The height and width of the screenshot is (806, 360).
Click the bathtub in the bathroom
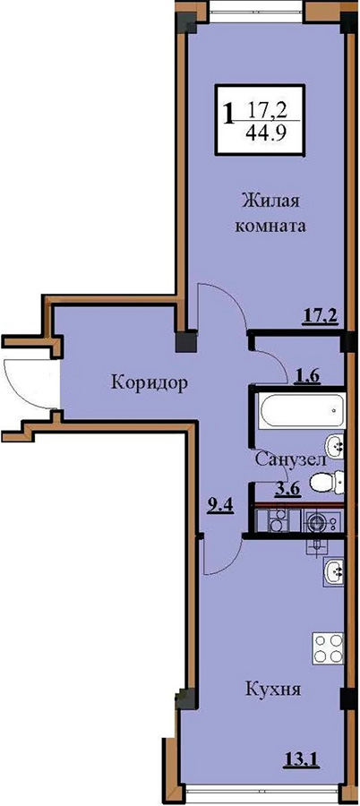[x=302, y=410]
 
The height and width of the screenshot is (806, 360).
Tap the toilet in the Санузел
[x=328, y=482]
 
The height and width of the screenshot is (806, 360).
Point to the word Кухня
[x=272, y=690]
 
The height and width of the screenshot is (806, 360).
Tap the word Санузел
[x=290, y=459]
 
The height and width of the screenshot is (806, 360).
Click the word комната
[x=270, y=227]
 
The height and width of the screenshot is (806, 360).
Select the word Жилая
[x=270, y=200]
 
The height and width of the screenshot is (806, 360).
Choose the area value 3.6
[x=288, y=489]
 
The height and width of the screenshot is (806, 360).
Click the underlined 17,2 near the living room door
[x=319, y=314]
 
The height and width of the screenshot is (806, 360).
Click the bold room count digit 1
[x=229, y=113]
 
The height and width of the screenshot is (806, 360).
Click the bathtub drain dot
[x=334, y=411]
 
